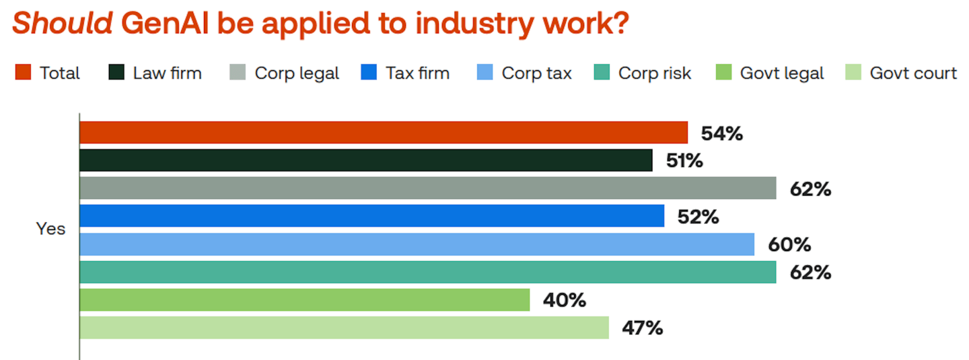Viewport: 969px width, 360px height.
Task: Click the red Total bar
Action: tap(384, 133)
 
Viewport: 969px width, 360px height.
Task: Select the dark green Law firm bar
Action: tap(366, 160)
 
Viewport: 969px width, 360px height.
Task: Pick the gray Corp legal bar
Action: tap(428, 188)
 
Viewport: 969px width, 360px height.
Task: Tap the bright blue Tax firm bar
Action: tap(372, 216)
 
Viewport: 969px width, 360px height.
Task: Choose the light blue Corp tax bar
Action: tap(417, 244)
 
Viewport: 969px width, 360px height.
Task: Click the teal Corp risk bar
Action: tap(428, 272)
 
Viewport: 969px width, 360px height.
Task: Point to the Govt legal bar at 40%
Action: tap(305, 300)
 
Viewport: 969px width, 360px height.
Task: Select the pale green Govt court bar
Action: tap(345, 328)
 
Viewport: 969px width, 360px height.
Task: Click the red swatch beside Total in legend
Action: tap(24, 73)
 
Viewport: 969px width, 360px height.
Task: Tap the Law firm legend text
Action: tap(167, 73)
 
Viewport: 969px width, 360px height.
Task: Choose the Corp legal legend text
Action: tap(297, 73)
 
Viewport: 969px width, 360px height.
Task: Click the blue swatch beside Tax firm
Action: tap(369, 73)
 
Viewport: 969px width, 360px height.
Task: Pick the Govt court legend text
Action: tap(912, 73)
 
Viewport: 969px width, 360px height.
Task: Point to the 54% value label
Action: tap(721, 133)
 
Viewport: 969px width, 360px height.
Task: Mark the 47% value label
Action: tap(643, 328)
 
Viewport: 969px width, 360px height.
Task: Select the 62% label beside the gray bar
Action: tap(810, 189)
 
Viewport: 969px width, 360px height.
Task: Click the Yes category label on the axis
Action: tap(51, 229)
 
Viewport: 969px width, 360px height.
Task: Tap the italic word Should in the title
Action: tap(63, 24)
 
